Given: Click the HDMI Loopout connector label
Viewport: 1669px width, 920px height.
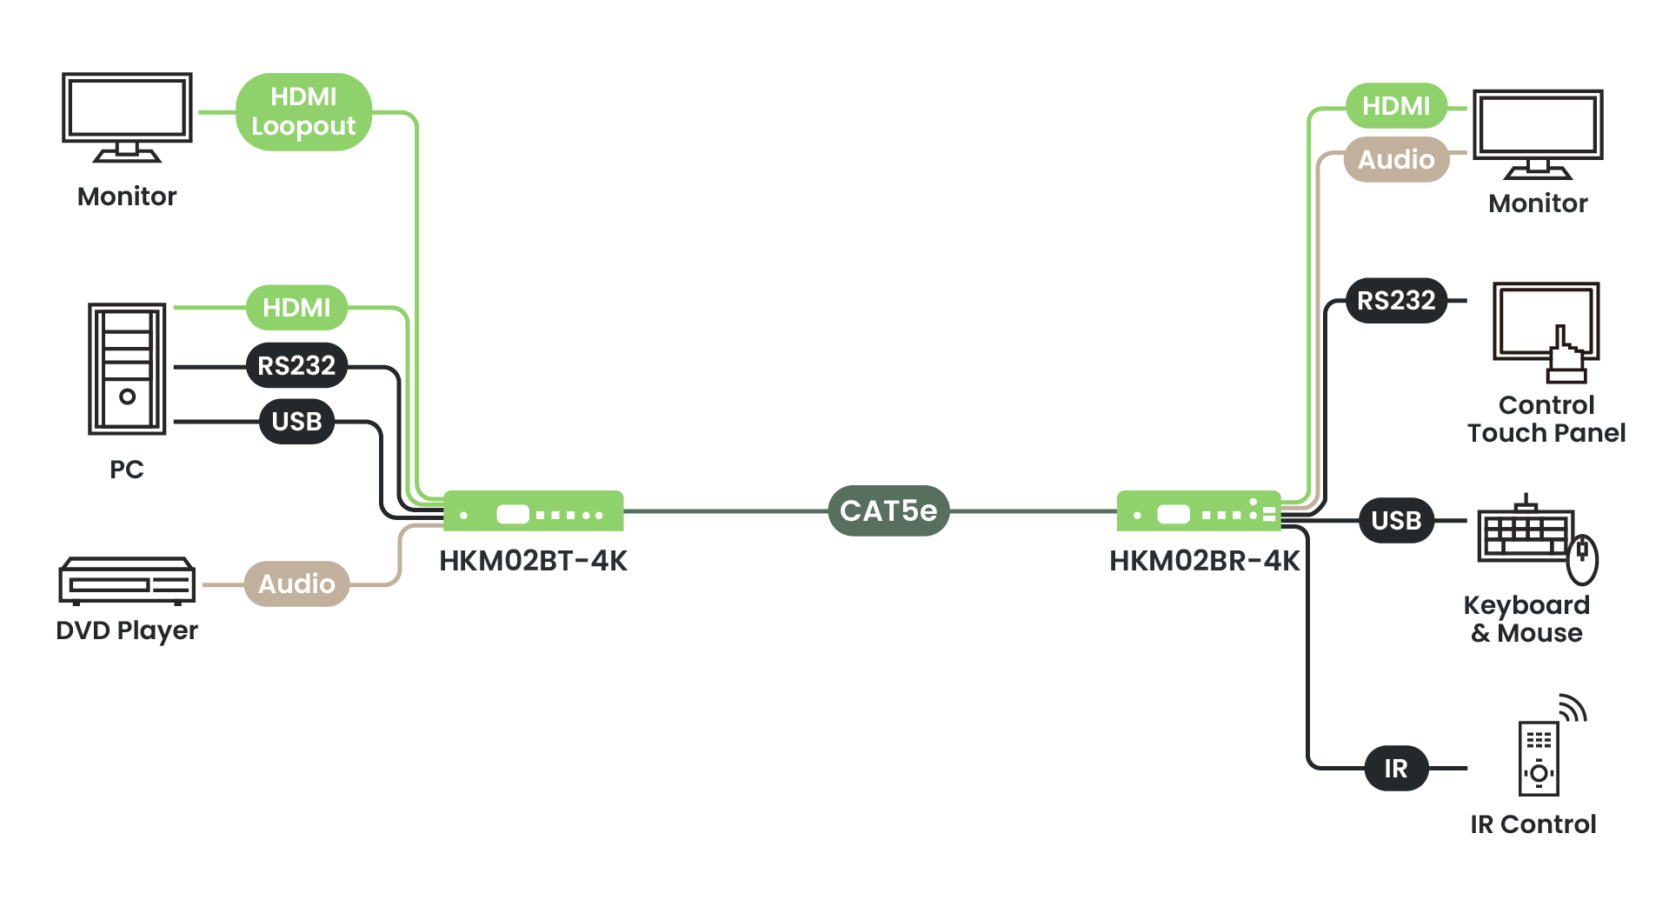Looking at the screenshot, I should click(303, 111).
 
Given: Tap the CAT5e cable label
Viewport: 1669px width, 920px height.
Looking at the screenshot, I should click(888, 510).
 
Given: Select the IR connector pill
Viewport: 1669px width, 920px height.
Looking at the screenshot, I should click(1396, 768).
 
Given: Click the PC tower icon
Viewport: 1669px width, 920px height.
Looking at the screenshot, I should click(127, 369).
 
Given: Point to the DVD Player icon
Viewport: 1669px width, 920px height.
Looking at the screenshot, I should click(127, 580).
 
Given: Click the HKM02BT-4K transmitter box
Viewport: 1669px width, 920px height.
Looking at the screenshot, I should click(533, 511).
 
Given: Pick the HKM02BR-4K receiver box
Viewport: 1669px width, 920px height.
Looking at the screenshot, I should click(1199, 511).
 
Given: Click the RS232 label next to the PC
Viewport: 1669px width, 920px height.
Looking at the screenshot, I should click(296, 365).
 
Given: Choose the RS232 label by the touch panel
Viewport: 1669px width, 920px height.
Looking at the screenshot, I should click(1396, 301).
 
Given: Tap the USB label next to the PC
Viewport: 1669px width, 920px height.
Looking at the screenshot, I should click(296, 422).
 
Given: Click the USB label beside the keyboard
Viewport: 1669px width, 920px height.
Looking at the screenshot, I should click(1396, 520).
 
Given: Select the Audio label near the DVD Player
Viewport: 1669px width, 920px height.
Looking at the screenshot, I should click(296, 583).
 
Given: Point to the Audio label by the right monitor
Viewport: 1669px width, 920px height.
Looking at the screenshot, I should click(1396, 159).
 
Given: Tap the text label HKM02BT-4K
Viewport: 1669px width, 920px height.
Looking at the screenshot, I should click(533, 561).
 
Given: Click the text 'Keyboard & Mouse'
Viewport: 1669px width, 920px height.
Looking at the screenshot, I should click(1526, 619).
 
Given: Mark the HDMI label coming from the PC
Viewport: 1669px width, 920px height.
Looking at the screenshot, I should click(296, 307).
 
